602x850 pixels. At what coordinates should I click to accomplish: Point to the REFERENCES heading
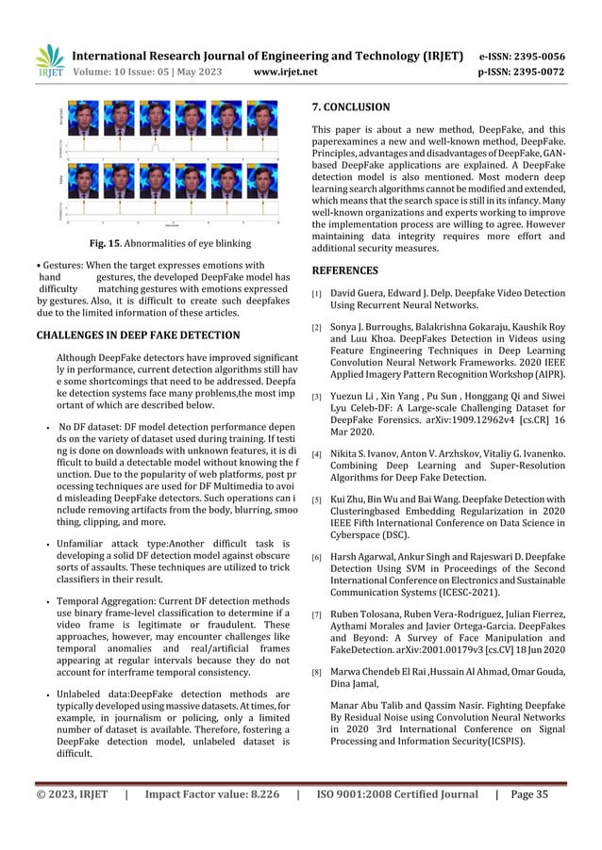(349, 269)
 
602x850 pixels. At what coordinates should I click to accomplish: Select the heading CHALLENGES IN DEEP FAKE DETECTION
(138, 335)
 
